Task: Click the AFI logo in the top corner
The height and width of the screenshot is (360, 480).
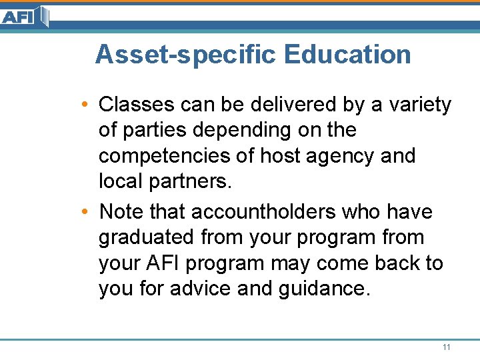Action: tap(23, 16)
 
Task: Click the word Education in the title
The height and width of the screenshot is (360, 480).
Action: tap(347, 55)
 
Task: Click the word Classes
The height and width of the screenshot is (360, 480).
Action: tap(135, 105)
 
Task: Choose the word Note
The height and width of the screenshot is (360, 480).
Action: tap(122, 211)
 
